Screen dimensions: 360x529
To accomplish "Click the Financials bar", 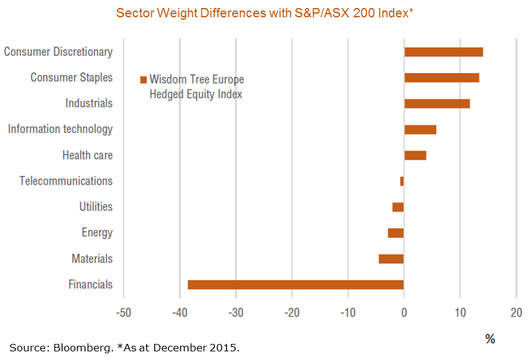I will point(296,285).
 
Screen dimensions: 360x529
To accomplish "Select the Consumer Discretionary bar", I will point(443,52).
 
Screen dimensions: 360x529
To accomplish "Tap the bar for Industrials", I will point(437,104).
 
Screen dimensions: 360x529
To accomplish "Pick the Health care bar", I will point(415,155).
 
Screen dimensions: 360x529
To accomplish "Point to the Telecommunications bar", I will point(402,181).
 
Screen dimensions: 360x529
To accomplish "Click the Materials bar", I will point(391,259).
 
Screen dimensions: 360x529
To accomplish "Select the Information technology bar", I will point(420,130).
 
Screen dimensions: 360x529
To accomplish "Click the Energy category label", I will point(97,233).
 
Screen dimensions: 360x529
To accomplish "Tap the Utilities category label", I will point(96,207).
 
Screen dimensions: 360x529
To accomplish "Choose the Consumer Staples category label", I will point(72,78).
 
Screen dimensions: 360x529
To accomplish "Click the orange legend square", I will point(143,80).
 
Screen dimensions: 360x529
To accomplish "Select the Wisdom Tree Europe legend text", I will point(196,80).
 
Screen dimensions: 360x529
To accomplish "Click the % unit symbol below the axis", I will point(489,338).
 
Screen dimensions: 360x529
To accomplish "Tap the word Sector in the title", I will point(134,12).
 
